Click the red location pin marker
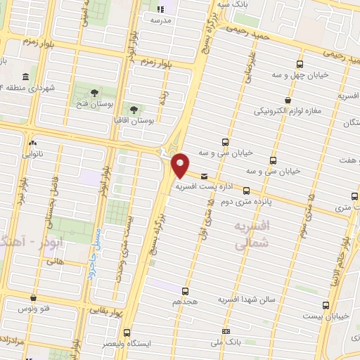[x=181, y=165]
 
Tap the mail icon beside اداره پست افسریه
[x=204, y=176]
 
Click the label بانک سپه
[x=234, y=4]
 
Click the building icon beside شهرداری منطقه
[x=25, y=77]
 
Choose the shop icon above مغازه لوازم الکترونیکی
[x=288, y=100]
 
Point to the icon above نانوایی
[x=32, y=142]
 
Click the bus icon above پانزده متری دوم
[x=246, y=190]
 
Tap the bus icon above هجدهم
[x=186, y=290]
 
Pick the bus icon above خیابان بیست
[x=325, y=305]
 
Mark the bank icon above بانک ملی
[x=225, y=331]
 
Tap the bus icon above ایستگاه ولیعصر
[x=127, y=333]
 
